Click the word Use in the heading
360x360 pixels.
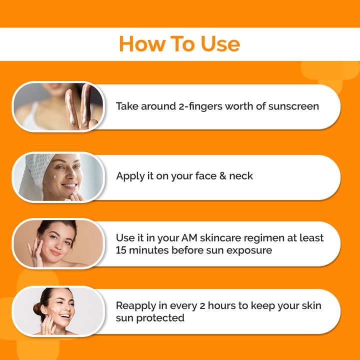pyautogui.click(x=220, y=44)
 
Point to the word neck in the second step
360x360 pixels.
pyautogui.click(x=241, y=176)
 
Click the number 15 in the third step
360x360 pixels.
pyautogui.click(x=121, y=250)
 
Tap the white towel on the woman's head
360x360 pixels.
pyautogui.click(x=35, y=172)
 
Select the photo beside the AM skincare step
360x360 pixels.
pyautogui.click(x=57, y=244)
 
